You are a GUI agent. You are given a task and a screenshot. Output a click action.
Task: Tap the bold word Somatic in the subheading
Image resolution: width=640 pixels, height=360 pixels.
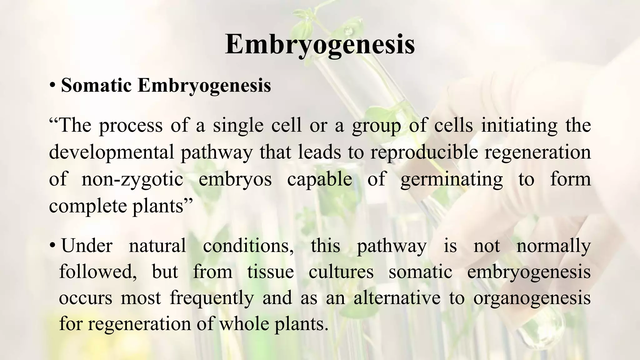(x=96, y=85)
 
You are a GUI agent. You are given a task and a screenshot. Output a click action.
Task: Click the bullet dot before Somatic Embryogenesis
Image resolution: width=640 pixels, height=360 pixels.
(x=52, y=86)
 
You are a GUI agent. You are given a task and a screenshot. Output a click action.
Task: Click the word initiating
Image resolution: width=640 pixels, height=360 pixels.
(x=519, y=126)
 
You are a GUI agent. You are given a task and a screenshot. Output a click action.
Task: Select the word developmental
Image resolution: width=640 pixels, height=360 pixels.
(x=111, y=153)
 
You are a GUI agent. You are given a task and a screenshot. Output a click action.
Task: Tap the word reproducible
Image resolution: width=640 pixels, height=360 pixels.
(x=424, y=153)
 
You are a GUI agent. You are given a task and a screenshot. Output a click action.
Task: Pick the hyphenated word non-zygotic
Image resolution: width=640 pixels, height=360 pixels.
(x=132, y=180)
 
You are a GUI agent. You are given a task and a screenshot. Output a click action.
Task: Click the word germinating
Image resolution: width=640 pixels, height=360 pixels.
(x=452, y=180)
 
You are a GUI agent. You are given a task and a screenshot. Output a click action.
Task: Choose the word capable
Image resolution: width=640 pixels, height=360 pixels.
(x=319, y=180)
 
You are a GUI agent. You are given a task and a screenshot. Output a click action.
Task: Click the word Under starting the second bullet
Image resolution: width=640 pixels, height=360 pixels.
(x=87, y=246)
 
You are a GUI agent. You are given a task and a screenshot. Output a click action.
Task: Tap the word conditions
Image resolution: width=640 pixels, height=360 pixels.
(x=248, y=246)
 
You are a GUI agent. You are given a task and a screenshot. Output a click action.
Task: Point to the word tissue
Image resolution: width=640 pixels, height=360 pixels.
(x=270, y=272)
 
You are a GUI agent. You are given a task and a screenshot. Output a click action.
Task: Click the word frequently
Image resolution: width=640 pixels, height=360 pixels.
(x=212, y=298)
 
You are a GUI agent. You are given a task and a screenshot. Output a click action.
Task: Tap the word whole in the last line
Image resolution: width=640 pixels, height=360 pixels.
(x=244, y=324)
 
